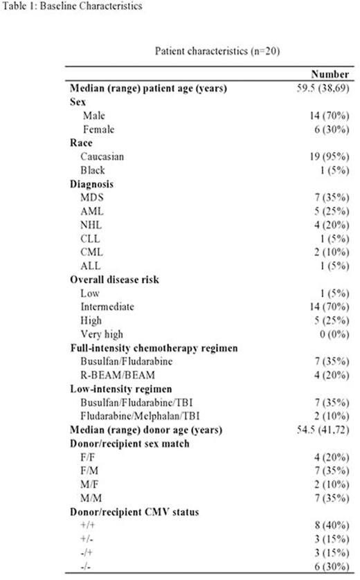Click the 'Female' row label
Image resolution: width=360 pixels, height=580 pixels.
(99, 129)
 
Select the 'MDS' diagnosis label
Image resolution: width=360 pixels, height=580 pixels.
(92, 198)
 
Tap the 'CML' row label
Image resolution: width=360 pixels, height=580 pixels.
(92, 253)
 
